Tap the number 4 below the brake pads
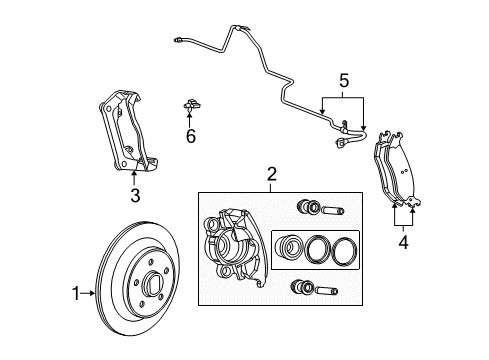point(404,240)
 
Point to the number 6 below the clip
point(190,136)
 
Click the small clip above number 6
point(189,103)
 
